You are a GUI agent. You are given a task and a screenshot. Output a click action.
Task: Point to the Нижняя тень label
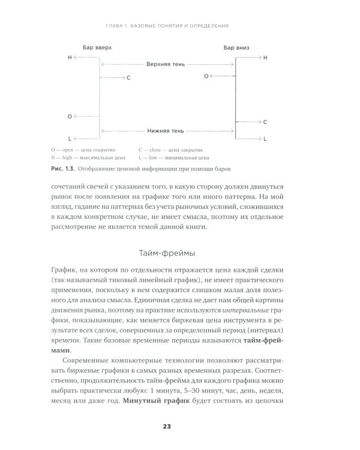point(168,130)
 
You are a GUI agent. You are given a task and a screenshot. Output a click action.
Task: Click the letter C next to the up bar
point(128,78)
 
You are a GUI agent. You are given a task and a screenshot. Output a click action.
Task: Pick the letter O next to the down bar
point(206,76)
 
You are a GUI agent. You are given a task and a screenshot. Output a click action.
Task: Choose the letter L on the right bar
point(265,139)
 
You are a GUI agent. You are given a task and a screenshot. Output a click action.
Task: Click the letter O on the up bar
point(70,116)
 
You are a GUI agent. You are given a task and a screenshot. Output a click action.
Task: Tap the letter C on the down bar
point(265,122)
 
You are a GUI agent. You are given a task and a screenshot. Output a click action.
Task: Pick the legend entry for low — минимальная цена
point(176,158)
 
